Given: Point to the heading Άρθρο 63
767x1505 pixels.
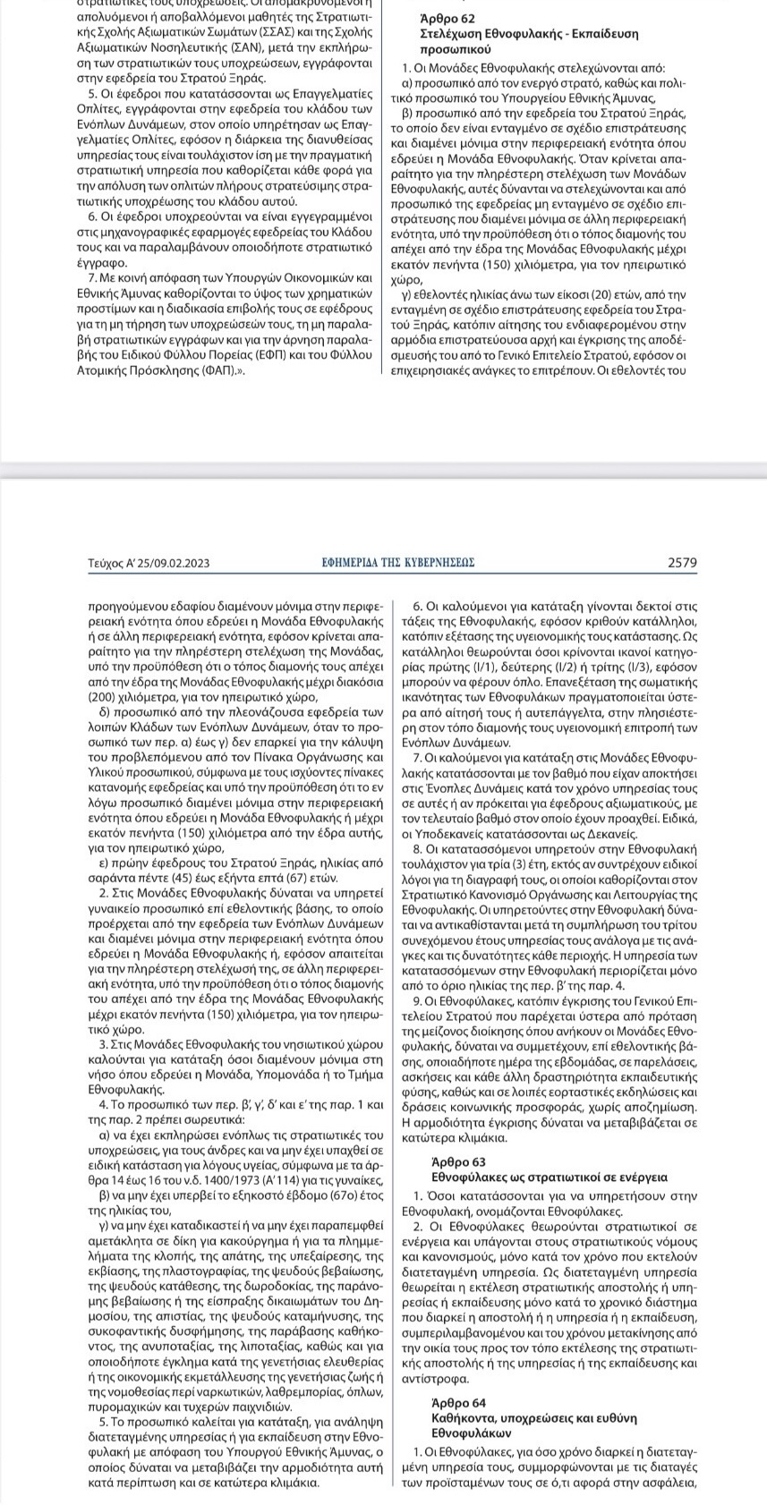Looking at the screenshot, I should [x=460, y=1161].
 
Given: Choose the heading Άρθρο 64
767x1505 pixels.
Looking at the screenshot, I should [x=460, y=1402].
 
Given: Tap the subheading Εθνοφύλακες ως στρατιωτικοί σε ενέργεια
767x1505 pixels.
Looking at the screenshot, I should [x=549, y=1177].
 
